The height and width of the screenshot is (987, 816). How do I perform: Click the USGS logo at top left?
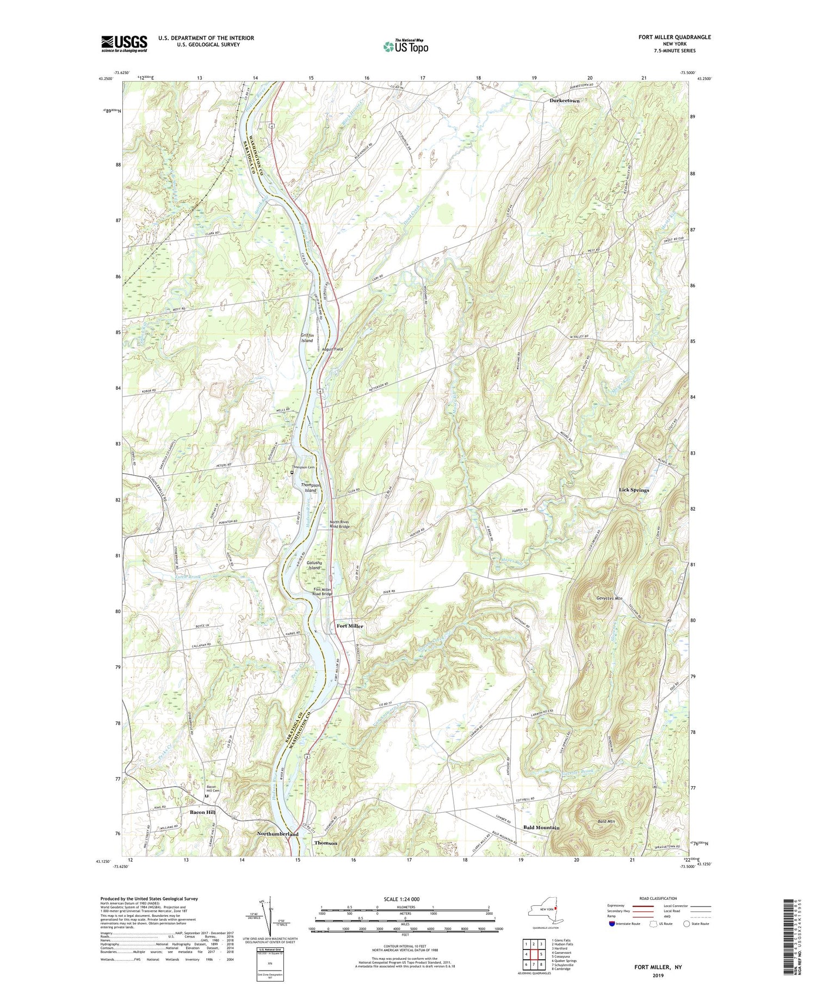click(124, 44)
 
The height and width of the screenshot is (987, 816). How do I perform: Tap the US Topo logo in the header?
click(405, 46)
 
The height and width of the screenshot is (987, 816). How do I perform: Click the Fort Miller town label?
click(349, 626)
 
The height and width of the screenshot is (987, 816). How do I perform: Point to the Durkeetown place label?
click(564, 101)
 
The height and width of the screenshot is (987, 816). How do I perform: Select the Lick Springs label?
click(634, 490)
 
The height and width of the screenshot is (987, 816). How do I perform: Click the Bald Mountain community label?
click(541, 827)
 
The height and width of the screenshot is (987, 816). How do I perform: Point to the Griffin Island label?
click(307, 338)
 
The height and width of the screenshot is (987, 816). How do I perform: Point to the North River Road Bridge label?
click(341, 524)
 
